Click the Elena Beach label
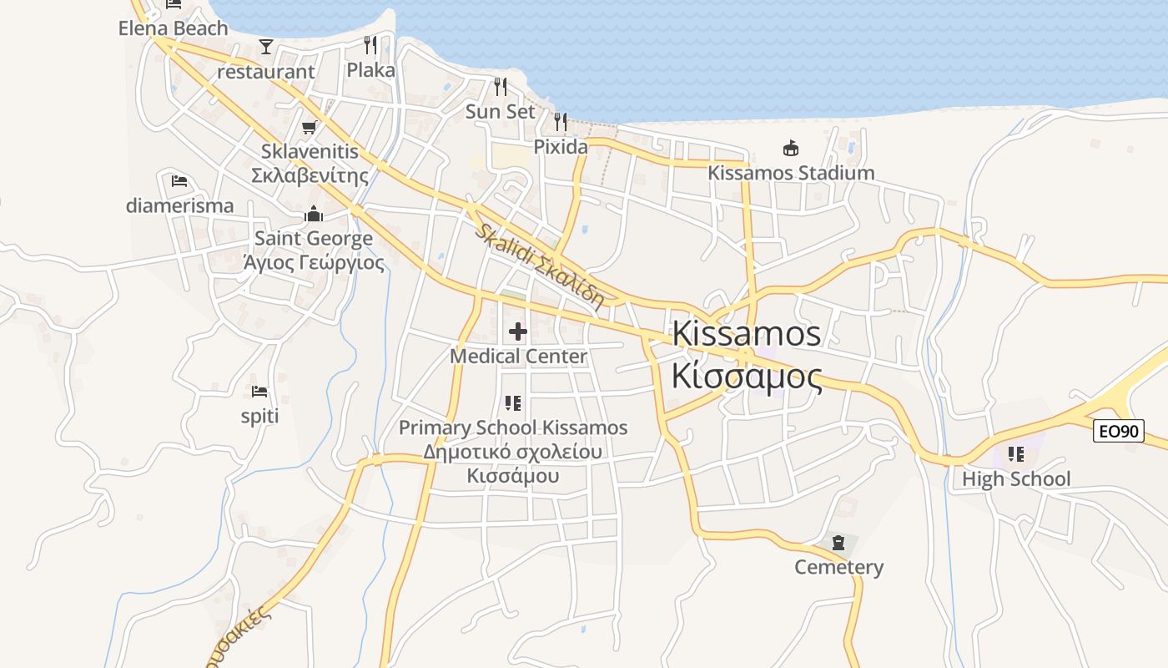tap(173, 28)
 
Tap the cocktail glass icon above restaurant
tap(266, 46)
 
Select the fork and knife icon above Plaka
tap(370, 45)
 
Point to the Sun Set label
tap(500, 111)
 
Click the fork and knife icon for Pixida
tap(561, 122)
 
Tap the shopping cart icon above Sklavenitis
tap(310, 128)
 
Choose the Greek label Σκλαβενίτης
tap(310, 176)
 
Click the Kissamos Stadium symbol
tap(790, 149)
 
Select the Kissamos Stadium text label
tap(791, 173)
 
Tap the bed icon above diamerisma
tap(179, 181)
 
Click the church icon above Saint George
tap(314, 215)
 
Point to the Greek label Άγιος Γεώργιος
tap(314, 263)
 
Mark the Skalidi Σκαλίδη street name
tap(540, 267)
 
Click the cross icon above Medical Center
tap(518, 331)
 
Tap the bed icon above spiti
tap(259, 391)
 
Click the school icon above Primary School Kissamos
tap(513, 403)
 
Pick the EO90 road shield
tap(1119, 431)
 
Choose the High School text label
tap(1015, 479)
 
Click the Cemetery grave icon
tap(838, 543)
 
